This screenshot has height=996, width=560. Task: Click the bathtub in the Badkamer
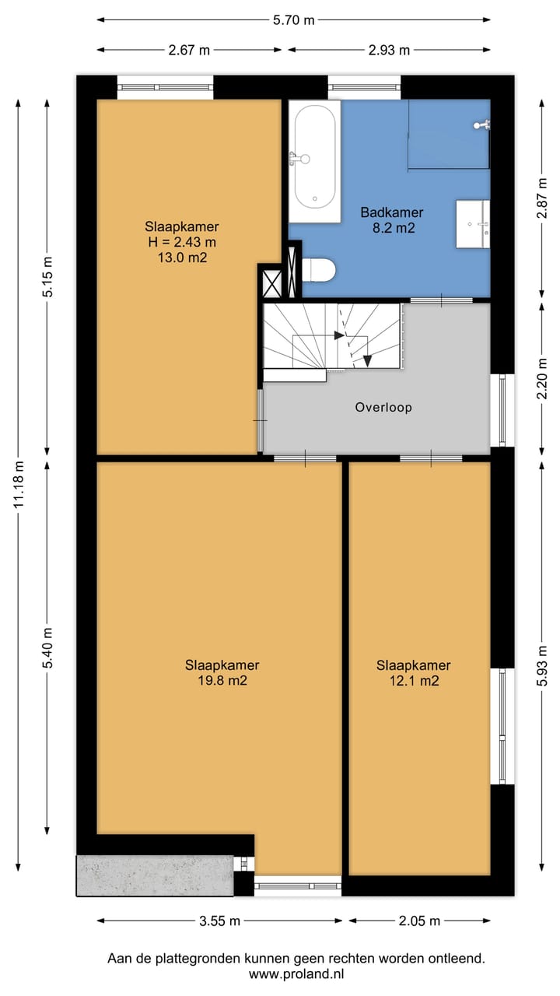point(315,161)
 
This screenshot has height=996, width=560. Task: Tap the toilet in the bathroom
point(318,269)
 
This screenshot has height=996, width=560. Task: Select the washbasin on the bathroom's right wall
point(473,223)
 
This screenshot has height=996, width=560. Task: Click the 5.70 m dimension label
point(294,20)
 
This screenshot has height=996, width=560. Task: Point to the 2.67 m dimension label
point(189,51)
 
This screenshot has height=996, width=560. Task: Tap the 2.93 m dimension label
point(389,51)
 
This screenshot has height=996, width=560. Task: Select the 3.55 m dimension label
point(219,921)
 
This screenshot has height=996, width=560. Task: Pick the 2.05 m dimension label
point(419,921)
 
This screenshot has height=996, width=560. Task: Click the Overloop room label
point(383,407)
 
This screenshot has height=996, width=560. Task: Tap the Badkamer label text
point(391,212)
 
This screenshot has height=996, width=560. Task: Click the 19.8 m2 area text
point(222,681)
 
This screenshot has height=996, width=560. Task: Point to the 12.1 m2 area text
point(415,681)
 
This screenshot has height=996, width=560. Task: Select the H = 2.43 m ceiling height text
point(182,242)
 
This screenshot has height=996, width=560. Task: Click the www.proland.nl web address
point(296,974)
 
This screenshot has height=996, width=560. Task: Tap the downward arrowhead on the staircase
point(367,362)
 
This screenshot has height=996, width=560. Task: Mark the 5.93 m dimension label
point(542,665)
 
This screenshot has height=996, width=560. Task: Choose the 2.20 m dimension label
point(542,379)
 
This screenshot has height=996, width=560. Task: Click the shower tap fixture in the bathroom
point(481,125)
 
